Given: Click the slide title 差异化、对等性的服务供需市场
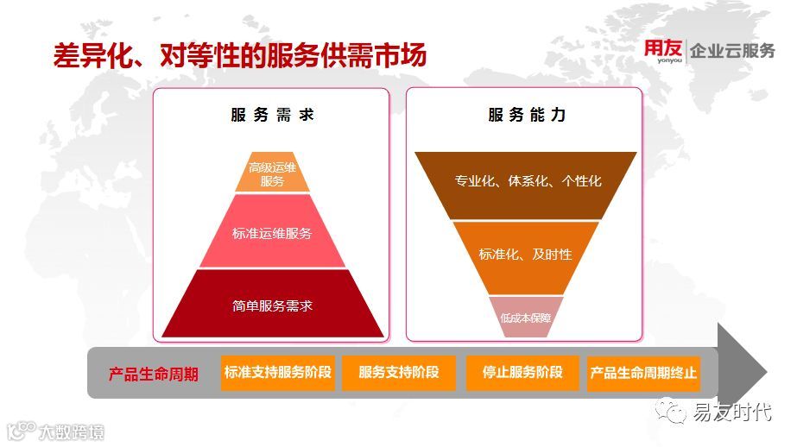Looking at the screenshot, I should pos(240,56).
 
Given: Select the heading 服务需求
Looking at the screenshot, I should pos(272,115).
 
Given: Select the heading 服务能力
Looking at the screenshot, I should pos(527,115).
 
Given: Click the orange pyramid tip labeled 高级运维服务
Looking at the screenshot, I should pos(272,173).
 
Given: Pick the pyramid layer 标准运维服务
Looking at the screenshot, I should pos(272,233).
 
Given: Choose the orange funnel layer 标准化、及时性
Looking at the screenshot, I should pos(525,255).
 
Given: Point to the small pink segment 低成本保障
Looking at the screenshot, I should pos(525,318).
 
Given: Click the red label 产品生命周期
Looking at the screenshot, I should pos(153,375).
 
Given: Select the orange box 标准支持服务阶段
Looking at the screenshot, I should pos(277,374).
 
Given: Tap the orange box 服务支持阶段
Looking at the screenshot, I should pos(398,374).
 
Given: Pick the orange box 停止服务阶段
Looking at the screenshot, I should pos(522,374).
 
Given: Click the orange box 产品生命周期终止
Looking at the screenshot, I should pos(643,374).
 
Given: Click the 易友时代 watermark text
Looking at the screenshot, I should pos(732,412).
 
